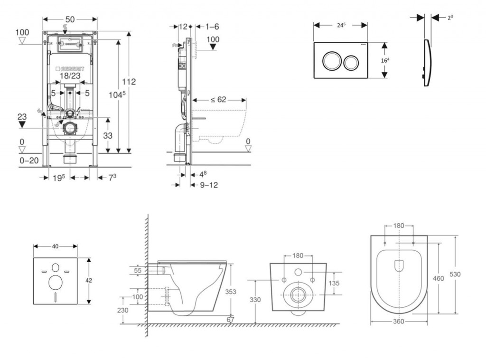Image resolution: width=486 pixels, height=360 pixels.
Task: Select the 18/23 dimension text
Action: pos(70,76)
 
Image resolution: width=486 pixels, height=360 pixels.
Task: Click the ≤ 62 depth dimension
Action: pos(218,100)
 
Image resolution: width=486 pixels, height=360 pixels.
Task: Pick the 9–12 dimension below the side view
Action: pos(208,185)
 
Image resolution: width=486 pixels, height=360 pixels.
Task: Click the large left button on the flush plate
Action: pos(330,61)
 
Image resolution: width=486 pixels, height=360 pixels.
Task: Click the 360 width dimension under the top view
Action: pos(398,322)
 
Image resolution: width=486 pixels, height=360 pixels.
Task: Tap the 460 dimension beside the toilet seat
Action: pos(438,278)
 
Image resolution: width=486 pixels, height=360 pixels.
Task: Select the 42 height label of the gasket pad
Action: pos(88,280)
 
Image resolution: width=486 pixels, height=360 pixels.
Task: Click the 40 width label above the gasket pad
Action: pos(55,246)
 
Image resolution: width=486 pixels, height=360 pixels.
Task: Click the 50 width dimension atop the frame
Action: pos(70,19)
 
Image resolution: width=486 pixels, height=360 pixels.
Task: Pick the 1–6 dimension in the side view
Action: pos(209,27)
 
